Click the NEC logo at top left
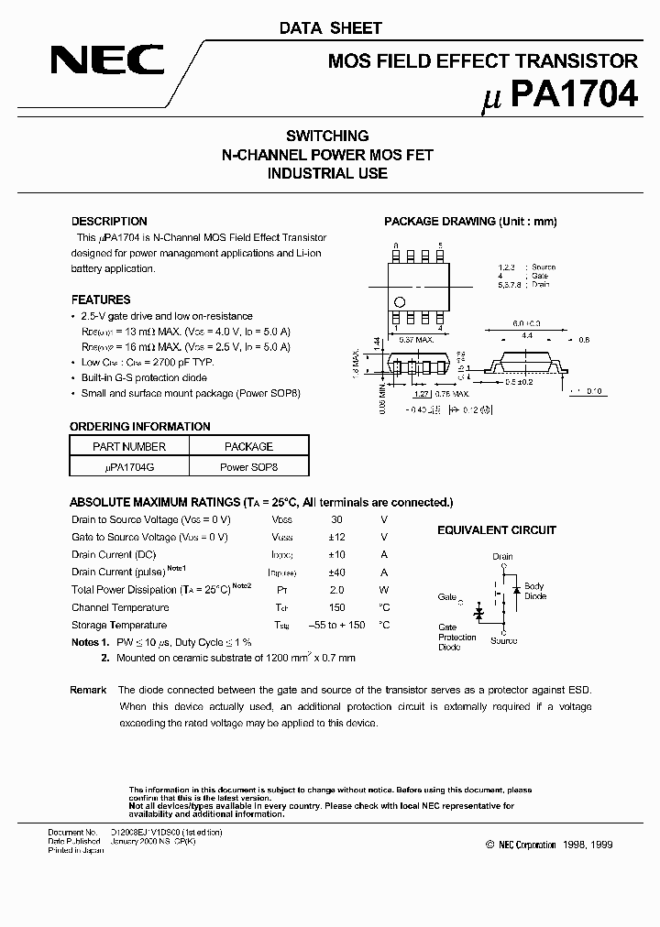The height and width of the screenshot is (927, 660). (x=107, y=60)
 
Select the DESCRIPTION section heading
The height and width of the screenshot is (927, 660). (x=109, y=222)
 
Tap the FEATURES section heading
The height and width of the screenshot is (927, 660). (x=101, y=300)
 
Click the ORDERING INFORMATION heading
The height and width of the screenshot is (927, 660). (x=140, y=427)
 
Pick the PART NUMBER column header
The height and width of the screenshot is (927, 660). (x=129, y=447)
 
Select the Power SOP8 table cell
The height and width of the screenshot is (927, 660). (x=248, y=466)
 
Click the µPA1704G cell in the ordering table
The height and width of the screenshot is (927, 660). (x=129, y=466)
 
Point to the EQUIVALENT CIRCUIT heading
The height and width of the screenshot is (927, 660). (x=496, y=530)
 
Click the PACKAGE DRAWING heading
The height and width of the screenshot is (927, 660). (x=470, y=222)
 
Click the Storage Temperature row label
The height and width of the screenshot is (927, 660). (x=119, y=625)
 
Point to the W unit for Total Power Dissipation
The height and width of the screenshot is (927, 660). (x=384, y=590)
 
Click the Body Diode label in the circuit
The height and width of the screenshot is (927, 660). (x=535, y=591)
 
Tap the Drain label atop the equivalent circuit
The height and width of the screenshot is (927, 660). (x=502, y=556)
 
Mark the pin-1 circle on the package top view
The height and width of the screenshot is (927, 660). (x=399, y=302)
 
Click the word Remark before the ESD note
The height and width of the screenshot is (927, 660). (x=88, y=690)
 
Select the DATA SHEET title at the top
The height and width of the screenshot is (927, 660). (x=330, y=28)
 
